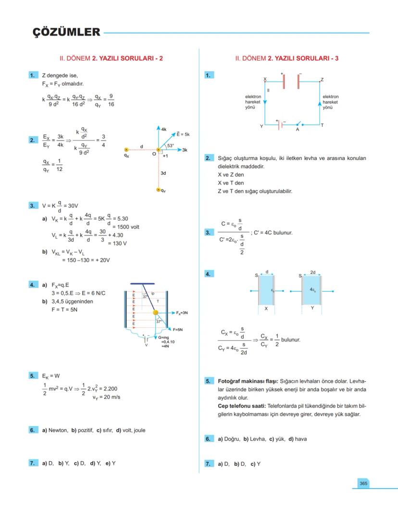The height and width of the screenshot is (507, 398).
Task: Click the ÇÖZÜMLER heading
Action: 66,32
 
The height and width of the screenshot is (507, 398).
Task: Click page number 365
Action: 363,483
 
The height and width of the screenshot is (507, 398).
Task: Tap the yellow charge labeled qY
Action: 158,190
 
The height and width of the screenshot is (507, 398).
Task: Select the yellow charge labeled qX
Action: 126,150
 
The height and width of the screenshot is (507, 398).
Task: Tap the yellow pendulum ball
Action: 155,313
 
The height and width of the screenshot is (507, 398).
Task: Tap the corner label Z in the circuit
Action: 322,79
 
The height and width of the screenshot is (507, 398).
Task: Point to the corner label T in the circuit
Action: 322,125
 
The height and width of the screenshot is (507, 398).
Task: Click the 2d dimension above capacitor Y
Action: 313,272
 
